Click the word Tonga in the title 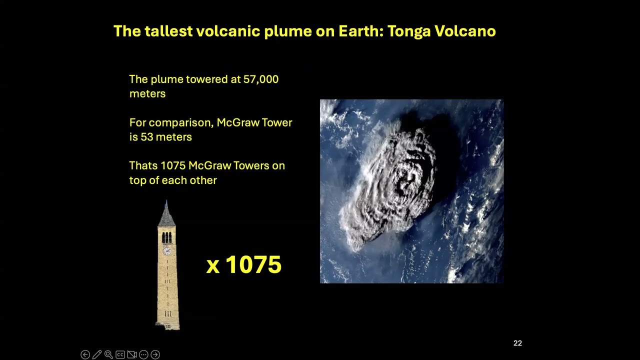pos(408,31)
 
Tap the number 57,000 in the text pos(261,79)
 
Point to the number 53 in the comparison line pos(146,137)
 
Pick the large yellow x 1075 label pos(244,264)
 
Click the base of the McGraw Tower pos(168,325)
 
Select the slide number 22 pos(517,343)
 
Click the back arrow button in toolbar pos(85,354)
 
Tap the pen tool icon pos(97,354)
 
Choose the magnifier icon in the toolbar pos(108,354)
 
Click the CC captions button pos(120,354)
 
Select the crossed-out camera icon pos(132,354)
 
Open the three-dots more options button pos(143,354)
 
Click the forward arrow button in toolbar pos(155,354)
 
